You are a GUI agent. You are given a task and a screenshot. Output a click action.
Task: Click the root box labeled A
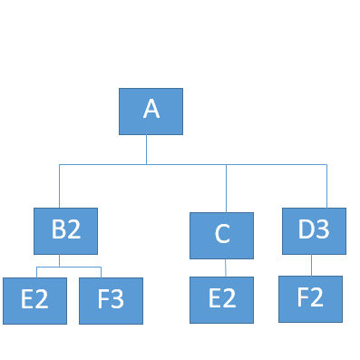point(151,111)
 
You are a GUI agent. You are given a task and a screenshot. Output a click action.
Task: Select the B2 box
point(65,230)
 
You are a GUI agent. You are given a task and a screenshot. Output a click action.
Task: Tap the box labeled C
point(222,235)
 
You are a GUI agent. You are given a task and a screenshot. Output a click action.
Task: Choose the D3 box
point(314,230)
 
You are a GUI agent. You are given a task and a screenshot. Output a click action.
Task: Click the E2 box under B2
point(34,300)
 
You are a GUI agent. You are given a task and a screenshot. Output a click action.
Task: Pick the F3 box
point(112,300)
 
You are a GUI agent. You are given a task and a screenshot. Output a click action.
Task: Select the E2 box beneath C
point(221,299)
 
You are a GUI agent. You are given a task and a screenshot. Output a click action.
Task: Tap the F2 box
point(310,297)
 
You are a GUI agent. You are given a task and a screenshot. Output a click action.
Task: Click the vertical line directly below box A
point(147,149)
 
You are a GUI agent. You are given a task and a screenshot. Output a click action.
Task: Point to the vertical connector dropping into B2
point(60,186)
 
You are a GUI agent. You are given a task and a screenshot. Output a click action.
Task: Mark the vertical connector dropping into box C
point(227,188)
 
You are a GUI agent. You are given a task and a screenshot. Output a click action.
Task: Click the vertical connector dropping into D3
point(326,186)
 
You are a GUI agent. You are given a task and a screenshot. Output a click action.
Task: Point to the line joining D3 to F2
point(312,264)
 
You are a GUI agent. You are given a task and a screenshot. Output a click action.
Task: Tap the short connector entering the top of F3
point(101,272)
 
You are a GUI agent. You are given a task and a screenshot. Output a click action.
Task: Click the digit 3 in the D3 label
point(323,230)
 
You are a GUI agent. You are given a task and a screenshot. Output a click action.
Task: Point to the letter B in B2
point(57,230)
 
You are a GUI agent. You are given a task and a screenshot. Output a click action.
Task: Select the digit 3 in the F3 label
point(120,300)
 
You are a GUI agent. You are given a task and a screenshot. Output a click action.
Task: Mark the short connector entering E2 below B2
point(36,272)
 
